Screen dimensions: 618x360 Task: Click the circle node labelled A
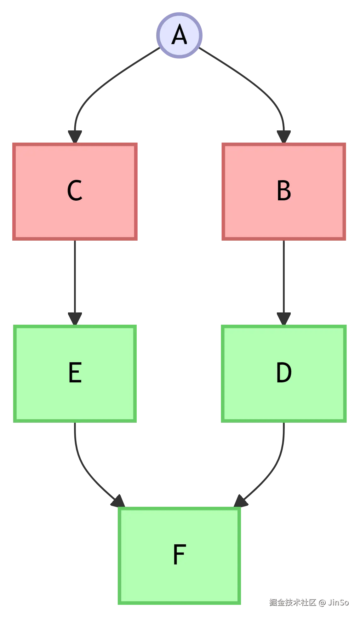click(x=180, y=36)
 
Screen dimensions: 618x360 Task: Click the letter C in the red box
click(x=75, y=191)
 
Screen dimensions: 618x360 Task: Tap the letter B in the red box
click(x=283, y=191)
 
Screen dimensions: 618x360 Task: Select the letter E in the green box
click(x=75, y=373)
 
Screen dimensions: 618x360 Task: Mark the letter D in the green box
click(x=283, y=373)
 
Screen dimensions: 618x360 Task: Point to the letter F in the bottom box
click(x=179, y=555)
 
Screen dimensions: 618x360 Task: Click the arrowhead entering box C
click(x=75, y=135)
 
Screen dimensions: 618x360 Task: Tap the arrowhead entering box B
click(x=284, y=135)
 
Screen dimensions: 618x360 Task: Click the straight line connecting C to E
click(x=75, y=277)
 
